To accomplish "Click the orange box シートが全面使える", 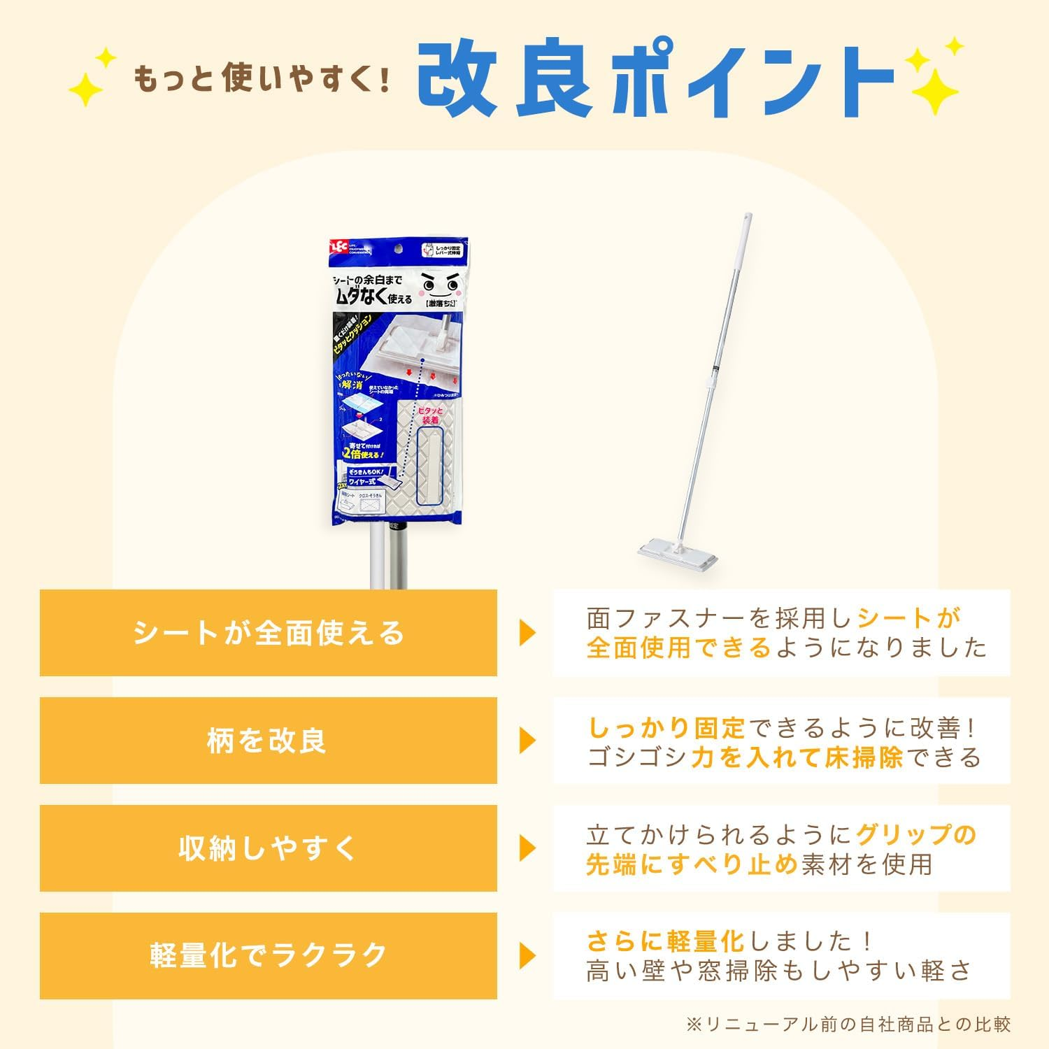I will [269, 633].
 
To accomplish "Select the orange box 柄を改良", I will [269, 741].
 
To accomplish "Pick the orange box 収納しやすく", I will [269, 848].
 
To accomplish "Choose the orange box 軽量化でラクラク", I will [269, 956].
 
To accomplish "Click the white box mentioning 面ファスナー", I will [782, 633].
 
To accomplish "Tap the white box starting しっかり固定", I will [782, 741].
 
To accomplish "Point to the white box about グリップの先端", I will [782, 848].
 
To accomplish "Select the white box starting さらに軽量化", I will [782, 956].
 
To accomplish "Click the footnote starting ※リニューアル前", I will [848, 1025].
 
